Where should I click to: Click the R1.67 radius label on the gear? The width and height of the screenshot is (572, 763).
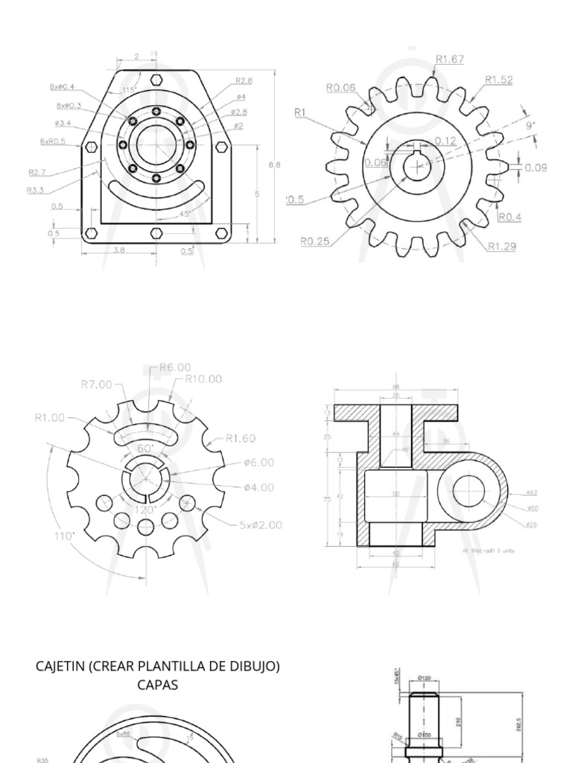(450, 59)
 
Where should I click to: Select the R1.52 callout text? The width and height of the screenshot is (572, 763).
(498, 80)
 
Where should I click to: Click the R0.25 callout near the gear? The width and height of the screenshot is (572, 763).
(315, 241)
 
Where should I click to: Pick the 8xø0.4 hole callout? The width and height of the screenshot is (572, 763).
(62, 86)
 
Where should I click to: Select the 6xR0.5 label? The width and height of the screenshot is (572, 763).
(53, 141)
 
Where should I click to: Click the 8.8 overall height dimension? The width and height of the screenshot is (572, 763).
(274, 165)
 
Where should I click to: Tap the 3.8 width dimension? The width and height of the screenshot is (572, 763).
(118, 250)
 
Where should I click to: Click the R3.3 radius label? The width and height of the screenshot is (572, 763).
(36, 190)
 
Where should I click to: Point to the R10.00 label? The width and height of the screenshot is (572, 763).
(203, 379)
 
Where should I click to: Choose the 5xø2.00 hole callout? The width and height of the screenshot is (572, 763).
(260, 525)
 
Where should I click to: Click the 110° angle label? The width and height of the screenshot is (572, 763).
(64, 535)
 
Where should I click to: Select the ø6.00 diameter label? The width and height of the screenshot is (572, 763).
(258, 462)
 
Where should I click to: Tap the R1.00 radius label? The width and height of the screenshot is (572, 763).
(50, 417)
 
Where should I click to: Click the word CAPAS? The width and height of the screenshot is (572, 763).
(157, 685)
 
